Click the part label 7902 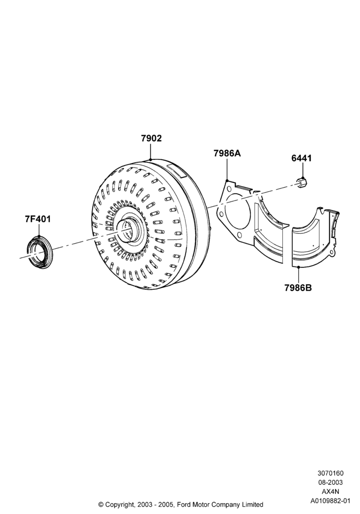coord(151,138)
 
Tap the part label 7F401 coord(38,219)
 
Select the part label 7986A coord(227,153)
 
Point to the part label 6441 coord(302,158)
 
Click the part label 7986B coord(298,288)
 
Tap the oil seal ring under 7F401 coord(40,250)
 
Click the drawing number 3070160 coord(330,473)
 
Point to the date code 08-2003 coord(330,483)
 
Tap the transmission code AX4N coord(330,492)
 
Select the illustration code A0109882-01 coord(330,501)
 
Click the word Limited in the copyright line coord(251,505)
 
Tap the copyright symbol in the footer coord(101,505)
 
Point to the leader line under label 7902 coord(151,152)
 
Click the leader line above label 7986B coord(298,276)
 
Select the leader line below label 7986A coord(227,169)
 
